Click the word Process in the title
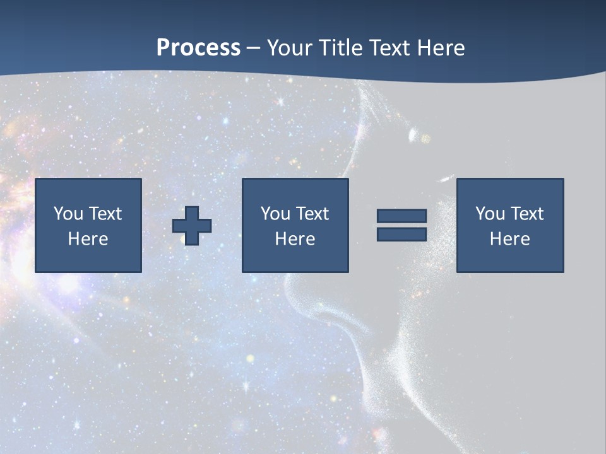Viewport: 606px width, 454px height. click(x=198, y=48)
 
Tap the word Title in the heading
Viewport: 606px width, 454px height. click(x=342, y=48)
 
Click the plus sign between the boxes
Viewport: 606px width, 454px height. click(x=192, y=226)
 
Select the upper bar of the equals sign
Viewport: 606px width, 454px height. click(x=401, y=216)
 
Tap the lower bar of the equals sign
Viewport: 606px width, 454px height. click(x=401, y=234)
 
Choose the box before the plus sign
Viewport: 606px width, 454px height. click(x=88, y=225)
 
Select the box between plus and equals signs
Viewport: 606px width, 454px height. click(x=295, y=225)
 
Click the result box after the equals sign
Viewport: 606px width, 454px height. click(x=510, y=225)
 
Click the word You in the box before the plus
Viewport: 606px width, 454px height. click(x=69, y=214)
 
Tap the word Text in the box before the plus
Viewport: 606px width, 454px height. click(x=105, y=214)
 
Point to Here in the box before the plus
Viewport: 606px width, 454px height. click(x=88, y=239)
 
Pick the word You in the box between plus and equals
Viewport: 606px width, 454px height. click(x=276, y=214)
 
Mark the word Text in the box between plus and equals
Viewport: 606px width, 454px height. click(x=312, y=214)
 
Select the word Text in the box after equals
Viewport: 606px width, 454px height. click(x=526, y=214)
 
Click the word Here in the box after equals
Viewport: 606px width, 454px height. click(x=510, y=239)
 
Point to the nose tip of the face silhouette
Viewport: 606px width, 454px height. click(x=287, y=296)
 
